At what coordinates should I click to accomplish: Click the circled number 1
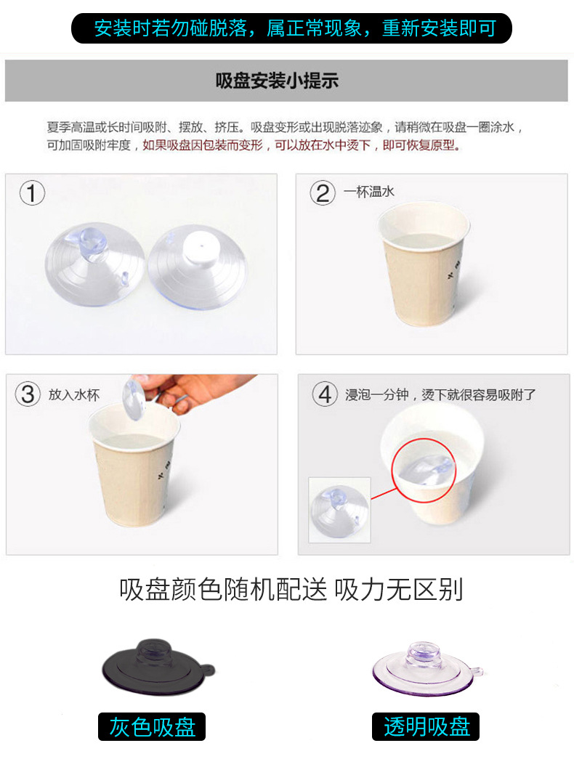(32, 192)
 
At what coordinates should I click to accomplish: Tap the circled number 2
(323, 192)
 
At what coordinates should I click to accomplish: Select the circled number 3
(28, 394)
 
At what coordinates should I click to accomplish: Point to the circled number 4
(325, 394)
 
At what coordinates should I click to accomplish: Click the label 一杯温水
(369, 192)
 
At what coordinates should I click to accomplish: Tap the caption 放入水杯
(73, 395)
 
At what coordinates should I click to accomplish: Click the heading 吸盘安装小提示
(277, 81)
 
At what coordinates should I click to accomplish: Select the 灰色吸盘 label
(152, 726)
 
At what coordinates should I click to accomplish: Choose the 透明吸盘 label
(426, 726)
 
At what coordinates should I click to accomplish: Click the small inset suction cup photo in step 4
(339, 510)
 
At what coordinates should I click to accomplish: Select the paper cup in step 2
(423, 264)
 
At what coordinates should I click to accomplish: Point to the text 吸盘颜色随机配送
(223, 590)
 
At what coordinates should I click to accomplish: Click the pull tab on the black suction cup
(209, 670)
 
